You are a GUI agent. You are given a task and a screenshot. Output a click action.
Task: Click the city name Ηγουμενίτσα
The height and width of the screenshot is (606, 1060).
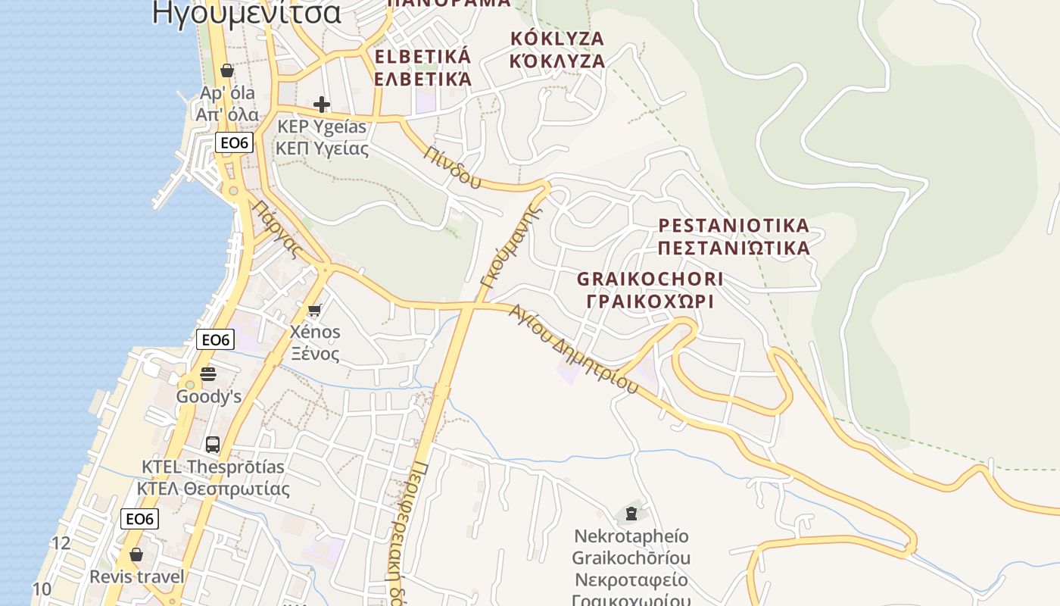246,13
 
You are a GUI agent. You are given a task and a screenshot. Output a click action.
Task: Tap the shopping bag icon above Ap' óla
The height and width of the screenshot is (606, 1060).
226,70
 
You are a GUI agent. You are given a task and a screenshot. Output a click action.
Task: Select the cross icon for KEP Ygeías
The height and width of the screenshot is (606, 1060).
322,105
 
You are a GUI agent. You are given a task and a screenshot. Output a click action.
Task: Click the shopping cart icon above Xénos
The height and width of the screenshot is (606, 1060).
314,309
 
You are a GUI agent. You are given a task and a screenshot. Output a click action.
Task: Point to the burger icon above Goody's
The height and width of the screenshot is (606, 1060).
208,373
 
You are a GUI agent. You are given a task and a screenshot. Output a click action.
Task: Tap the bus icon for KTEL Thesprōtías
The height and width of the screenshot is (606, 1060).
213,444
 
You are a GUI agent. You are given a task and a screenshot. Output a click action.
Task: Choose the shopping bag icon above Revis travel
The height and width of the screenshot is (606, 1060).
136,554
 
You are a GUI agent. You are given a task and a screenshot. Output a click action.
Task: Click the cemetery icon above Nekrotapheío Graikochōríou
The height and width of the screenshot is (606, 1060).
631,514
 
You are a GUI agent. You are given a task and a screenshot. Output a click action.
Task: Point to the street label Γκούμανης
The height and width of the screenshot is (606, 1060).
512,247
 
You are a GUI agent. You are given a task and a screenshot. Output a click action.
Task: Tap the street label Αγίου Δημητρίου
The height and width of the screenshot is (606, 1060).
573,348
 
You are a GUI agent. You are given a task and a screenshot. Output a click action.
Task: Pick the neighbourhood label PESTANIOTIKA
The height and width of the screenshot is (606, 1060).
734,226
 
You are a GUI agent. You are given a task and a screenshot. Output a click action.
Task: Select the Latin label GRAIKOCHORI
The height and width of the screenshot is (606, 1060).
650,279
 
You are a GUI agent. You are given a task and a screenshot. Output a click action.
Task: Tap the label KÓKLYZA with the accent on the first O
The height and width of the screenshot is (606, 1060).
557,39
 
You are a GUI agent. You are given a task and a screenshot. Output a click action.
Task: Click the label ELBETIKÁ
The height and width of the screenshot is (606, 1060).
422,57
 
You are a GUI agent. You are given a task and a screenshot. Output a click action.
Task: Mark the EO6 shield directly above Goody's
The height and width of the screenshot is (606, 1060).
216,340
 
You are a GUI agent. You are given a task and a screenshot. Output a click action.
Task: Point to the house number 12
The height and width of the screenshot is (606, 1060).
61,543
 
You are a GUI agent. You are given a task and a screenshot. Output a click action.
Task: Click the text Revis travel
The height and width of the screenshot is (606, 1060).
137,577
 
